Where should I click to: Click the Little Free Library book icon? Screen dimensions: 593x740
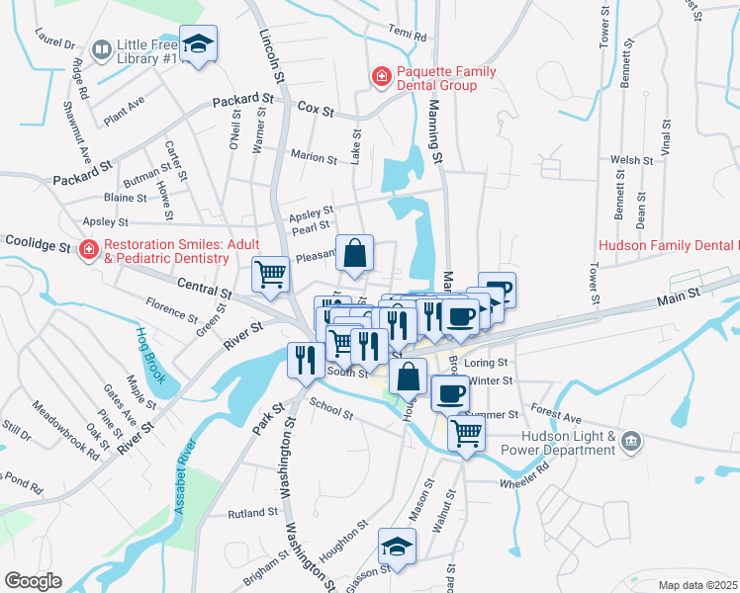pos(101,48)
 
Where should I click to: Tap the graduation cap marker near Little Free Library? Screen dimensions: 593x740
pos(200,44)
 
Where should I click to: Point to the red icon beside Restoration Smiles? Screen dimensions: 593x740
pos(89,249)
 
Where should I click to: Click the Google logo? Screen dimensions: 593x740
pos(34,581)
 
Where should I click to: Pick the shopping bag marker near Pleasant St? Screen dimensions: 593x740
pos(355,253)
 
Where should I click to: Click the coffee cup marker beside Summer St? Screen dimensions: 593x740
pos(450,393)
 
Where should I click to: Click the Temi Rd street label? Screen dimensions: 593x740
pos(407,35)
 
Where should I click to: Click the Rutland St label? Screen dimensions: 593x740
pos(253,513)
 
